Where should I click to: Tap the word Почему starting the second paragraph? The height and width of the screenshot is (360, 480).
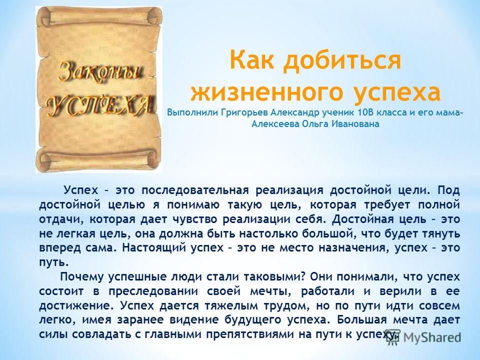point(82,276)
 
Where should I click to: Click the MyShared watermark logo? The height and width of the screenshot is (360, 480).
point(423,337)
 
